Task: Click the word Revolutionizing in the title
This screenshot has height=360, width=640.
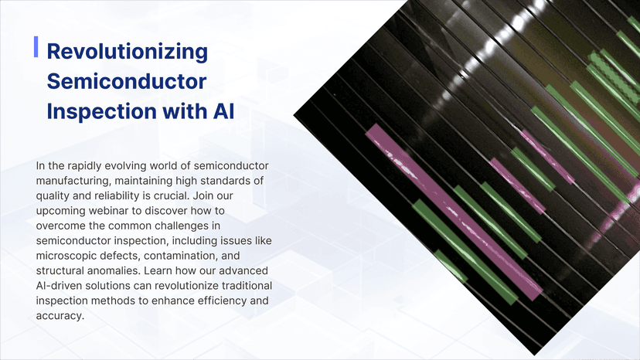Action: click(x=128, y=52)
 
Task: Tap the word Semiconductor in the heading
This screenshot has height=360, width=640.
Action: click(x=127, y=81)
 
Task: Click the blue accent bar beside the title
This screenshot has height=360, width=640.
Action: click(x=36, y=46)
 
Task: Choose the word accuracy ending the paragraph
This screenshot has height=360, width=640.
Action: click(x=60, y=315)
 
